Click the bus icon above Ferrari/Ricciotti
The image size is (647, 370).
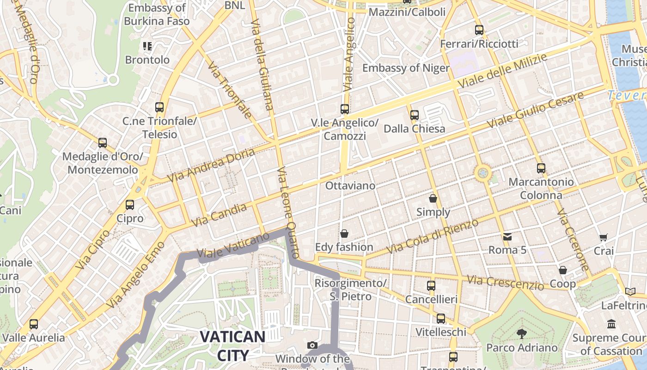[479, 30]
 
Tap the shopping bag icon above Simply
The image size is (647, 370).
[433, 198]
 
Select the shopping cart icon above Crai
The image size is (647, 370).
[603, 237]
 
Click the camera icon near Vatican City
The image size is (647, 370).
[312, 345]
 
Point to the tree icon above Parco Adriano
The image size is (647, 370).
[522, 333]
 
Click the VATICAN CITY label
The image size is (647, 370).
[232, 345]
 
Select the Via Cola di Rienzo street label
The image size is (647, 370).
[433, 236]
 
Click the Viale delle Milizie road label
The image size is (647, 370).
[502, 71]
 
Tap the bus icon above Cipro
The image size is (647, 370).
[130, 204]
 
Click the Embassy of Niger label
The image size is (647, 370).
[406, 68]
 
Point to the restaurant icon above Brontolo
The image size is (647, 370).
[147, 46]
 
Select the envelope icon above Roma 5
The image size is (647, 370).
[507, 237]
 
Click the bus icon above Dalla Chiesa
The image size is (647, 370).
[415, 115]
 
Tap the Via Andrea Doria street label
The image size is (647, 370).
[211, 165]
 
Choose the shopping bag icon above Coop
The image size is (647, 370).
[563, 270]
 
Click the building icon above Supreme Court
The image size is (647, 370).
[611, 324]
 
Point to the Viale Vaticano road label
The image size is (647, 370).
[233, 246]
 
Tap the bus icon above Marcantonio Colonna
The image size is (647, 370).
[541, 168]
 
